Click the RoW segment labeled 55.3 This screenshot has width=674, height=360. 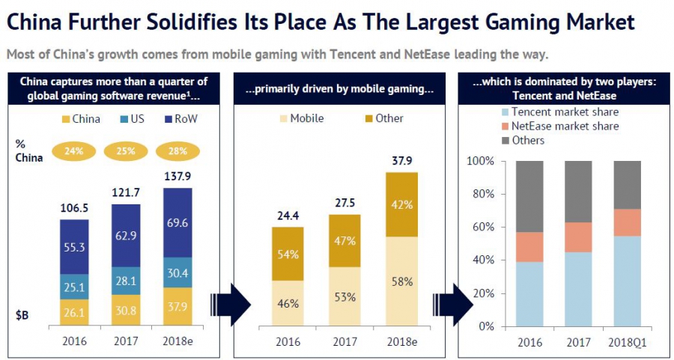(75, 246)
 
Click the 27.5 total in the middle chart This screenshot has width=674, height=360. (344, 204)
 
